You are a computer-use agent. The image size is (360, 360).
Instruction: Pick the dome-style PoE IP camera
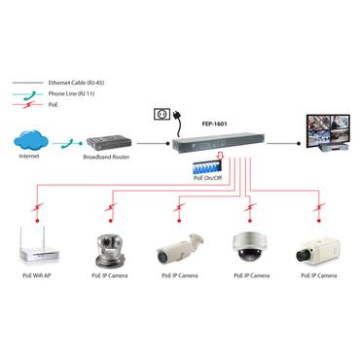[x=251, y=247]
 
